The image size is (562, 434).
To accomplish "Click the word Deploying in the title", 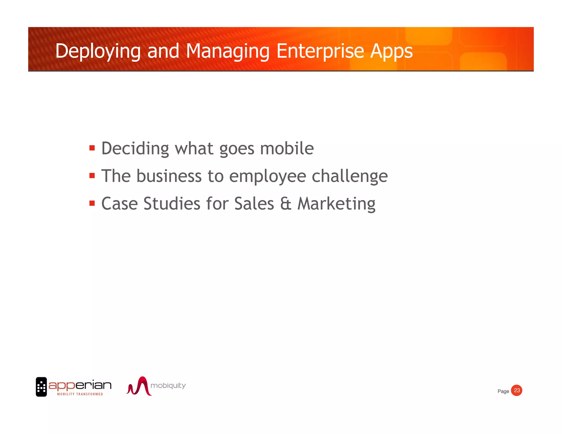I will coord(98,51).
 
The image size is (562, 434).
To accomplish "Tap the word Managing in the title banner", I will coord(228,51).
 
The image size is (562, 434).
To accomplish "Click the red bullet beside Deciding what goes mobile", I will coord(92,148).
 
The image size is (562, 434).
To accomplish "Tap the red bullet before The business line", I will coord(92,176).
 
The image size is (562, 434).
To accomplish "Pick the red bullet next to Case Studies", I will coord(92,203).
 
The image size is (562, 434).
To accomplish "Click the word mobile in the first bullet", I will coord(287,148).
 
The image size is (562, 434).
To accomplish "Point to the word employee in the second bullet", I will coord(267,176).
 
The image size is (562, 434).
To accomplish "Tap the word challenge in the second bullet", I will coord(350,176).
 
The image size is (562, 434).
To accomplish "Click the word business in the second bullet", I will coord(169,176).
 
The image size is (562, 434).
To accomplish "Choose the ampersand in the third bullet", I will coord(286,204).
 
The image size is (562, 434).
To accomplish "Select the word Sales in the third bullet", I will coord(254,204).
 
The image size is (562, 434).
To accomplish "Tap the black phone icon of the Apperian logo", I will coord(41,387).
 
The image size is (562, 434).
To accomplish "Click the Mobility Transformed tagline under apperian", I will coord(80,394).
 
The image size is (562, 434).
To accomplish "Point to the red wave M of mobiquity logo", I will coord(139,386).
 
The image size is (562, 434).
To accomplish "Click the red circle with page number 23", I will coord(517,390).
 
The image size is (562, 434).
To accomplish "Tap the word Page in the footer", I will coord(503,391).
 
